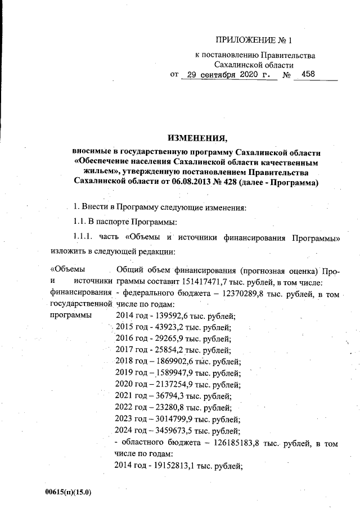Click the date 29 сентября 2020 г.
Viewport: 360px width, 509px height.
pos(229,75)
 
